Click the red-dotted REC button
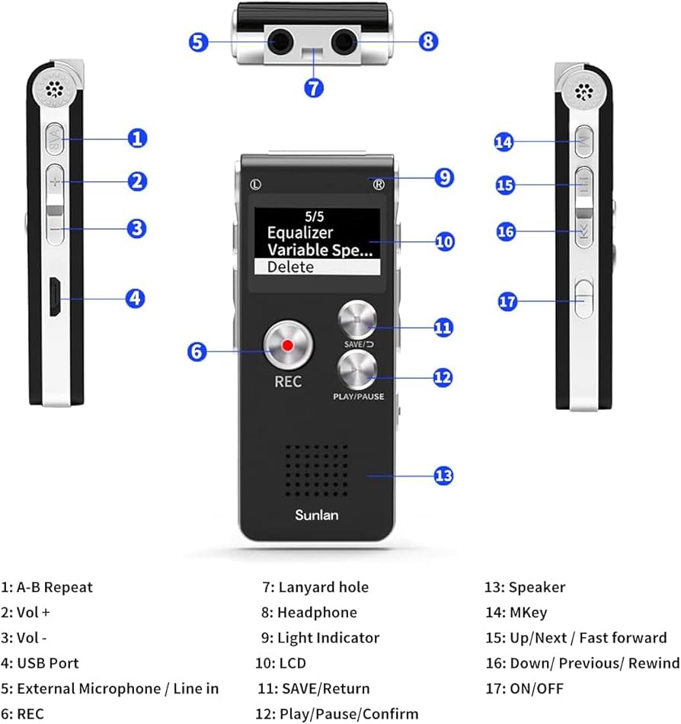(288, 345)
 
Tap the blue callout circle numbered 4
(135, 298)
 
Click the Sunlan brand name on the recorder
(317, 515)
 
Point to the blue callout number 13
(443, 476)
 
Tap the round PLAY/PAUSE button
(356, 371)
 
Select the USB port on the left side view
(54, 297)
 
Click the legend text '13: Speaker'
(525, 587)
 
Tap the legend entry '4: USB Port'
(40, 663)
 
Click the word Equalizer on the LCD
(299, 232)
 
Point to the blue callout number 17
(508, 301)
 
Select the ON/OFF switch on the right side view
(583, 297)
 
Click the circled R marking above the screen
(379, 184)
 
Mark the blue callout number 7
(314, 87)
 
